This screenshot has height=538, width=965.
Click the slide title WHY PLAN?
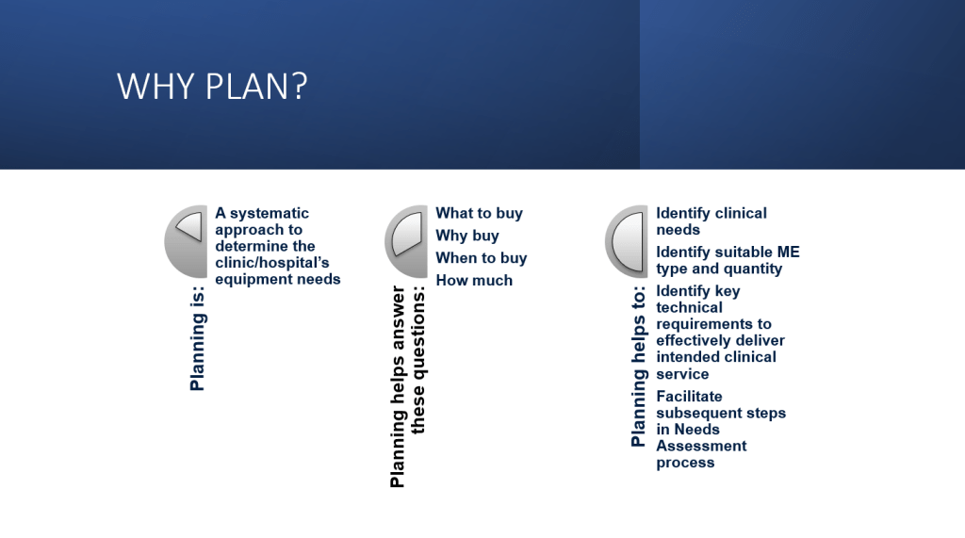coord(212,86)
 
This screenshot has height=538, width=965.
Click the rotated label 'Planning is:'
coord(197,338)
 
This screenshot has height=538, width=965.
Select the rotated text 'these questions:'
coord(417,360)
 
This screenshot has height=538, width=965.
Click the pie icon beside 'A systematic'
coord(187,240)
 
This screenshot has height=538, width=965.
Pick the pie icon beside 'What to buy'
coord(407,240)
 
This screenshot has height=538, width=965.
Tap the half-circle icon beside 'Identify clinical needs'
coord(627,240)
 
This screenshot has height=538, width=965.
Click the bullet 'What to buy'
coord(480,214)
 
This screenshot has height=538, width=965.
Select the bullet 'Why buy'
coord(467,236)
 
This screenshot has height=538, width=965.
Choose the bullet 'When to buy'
coord(482,258)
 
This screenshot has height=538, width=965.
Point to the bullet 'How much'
coord(474,280)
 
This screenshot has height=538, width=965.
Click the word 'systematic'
coord(269,214)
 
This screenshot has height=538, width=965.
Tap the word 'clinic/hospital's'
coord(272,263)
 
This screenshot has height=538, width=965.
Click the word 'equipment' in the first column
coord(245,280)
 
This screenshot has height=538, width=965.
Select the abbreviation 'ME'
coord(789,252)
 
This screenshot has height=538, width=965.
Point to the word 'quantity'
coord(751,269)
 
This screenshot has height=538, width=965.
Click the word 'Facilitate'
coord(689,397)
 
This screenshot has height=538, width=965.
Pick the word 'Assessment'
coord(701,447)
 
